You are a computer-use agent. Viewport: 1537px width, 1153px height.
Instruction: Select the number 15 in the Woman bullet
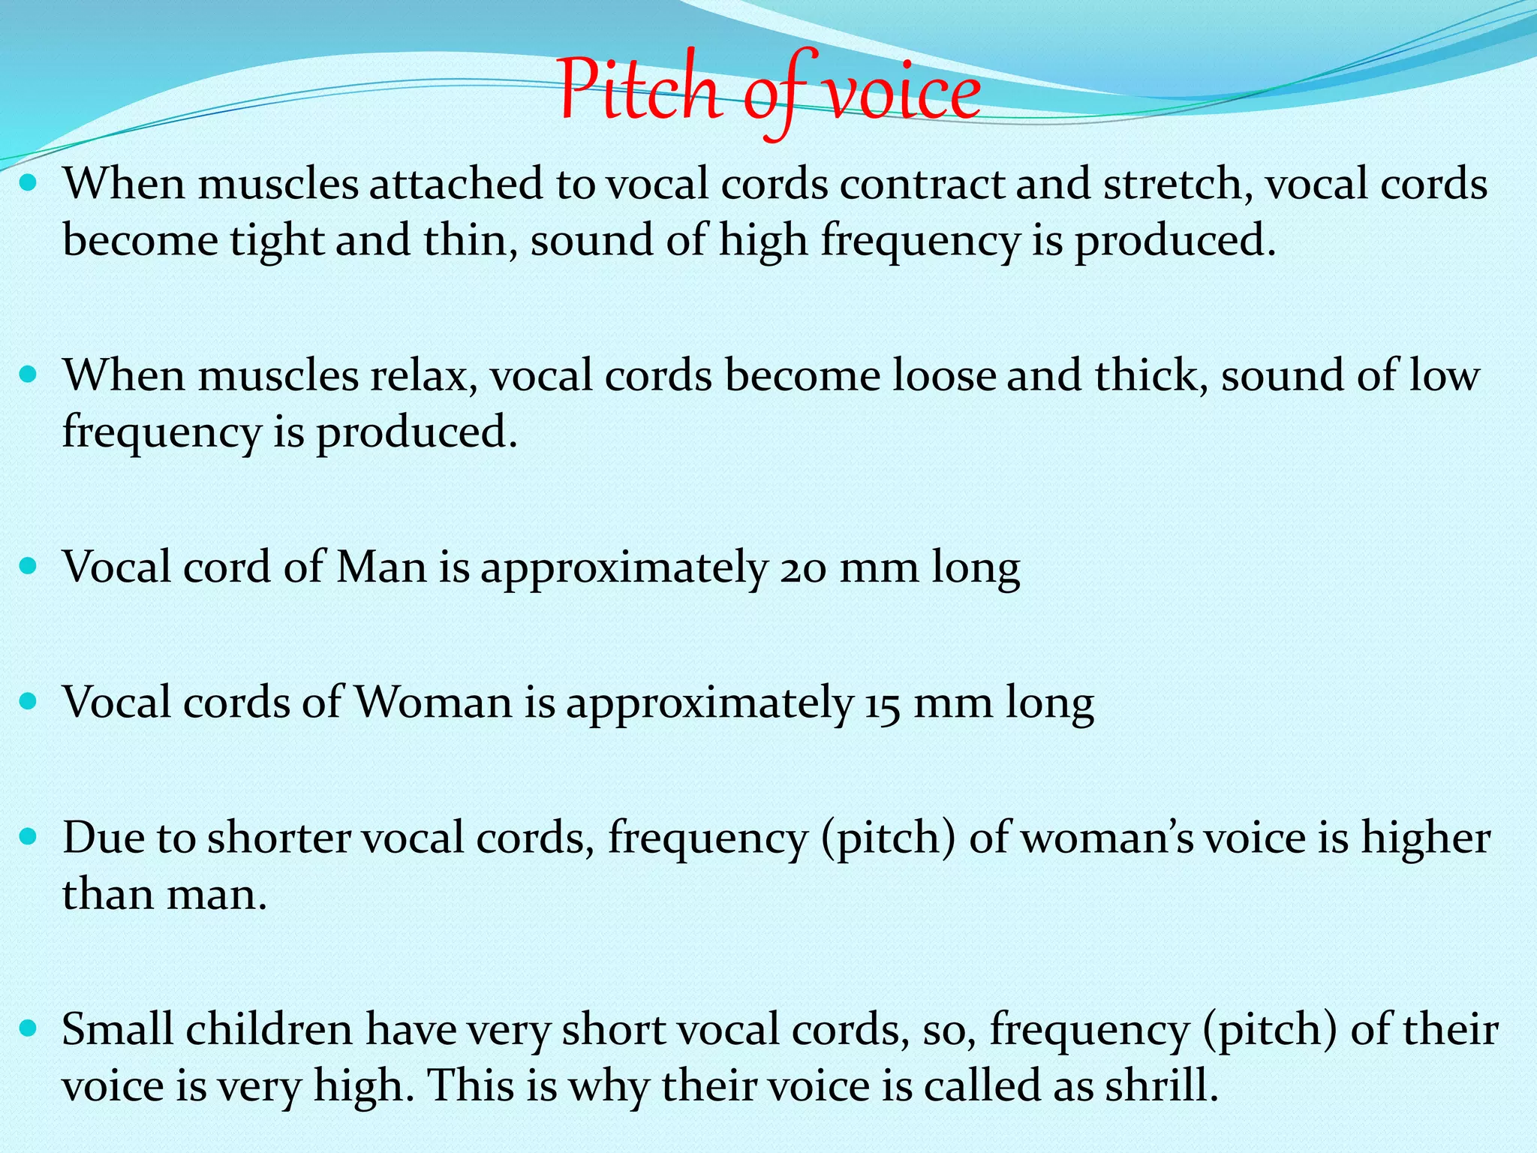pos(882,703)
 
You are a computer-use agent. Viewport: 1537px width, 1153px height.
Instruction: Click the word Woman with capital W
pos(433,703)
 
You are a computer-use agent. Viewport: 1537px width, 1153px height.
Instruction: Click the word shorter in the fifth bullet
pos(278,838)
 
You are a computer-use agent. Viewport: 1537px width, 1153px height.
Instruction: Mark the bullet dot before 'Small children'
pos(29,1028)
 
